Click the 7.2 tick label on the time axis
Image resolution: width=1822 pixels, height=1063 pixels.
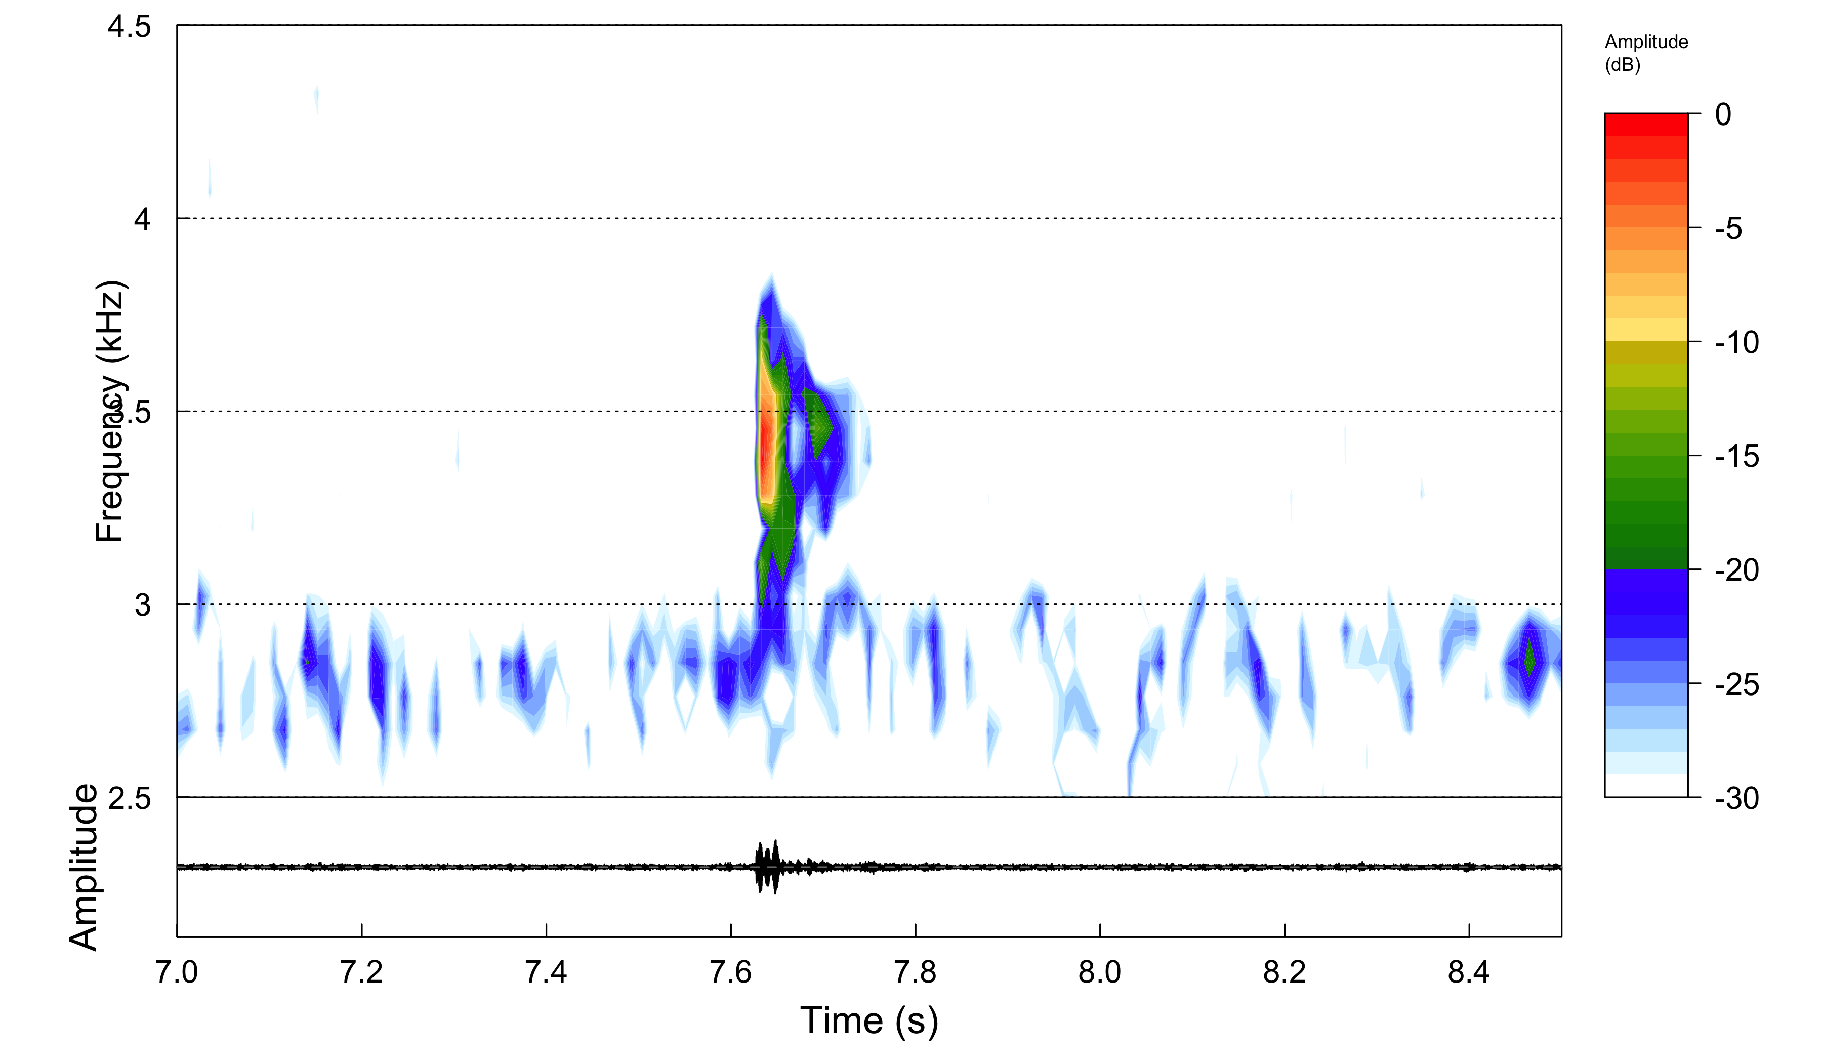(361, 972)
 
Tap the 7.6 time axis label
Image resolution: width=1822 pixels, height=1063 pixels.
(730, 972)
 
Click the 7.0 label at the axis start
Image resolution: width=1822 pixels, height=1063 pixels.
(177, 972)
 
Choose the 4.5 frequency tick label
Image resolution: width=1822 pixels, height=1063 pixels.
(130, 27)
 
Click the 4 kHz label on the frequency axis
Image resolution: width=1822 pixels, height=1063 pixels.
(142, 218)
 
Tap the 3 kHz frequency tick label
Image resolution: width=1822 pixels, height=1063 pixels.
(142, 604)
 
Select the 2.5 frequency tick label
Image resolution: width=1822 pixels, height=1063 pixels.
(130, 798)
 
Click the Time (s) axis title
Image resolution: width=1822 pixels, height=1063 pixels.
(869, 1021)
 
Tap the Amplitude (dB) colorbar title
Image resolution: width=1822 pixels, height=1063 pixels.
(1645, 53)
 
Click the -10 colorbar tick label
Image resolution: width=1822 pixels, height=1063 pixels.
(1736, 342)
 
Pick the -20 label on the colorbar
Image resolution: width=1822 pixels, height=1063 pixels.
(1736, 570)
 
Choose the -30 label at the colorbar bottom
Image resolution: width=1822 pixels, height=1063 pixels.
(1736, 798)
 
